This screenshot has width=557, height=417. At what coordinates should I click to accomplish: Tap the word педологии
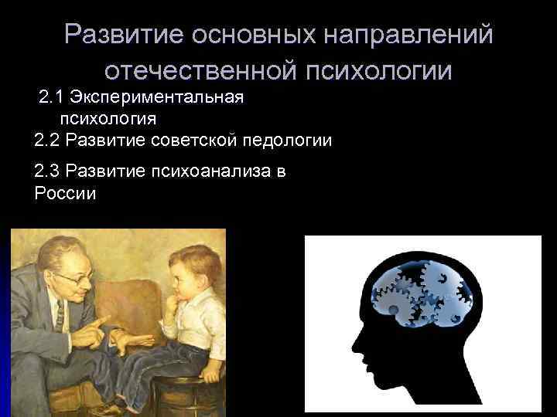pos(287,141)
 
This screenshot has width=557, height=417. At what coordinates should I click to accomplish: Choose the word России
pos(66,193)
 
